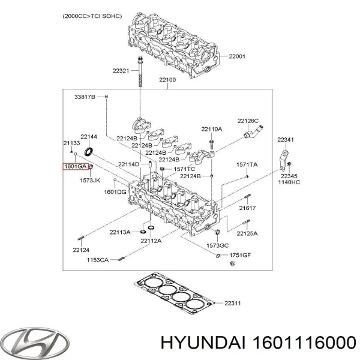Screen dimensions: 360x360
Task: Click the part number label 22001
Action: pyautogui.click(x=237, y=57)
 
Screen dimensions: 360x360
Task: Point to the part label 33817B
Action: pyautogui.click(x=85, y=97)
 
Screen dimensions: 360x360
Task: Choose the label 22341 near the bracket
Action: pyautogui.click(x=286, y=139)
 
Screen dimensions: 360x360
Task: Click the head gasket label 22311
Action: pyautogui.click(x=232, y=303)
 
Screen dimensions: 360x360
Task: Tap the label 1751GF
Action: pyautogui.click(x=239, y=255)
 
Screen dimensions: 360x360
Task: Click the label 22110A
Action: pyautogui.click(x=211, y=129)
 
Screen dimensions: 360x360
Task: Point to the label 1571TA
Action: pyautogui.click(x=247, y=164)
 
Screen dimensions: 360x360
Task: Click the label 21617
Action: pyautogui.click(x=246, y=208)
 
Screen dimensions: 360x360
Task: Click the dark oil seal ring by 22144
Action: pyautogui.click(x=91, y=151)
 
